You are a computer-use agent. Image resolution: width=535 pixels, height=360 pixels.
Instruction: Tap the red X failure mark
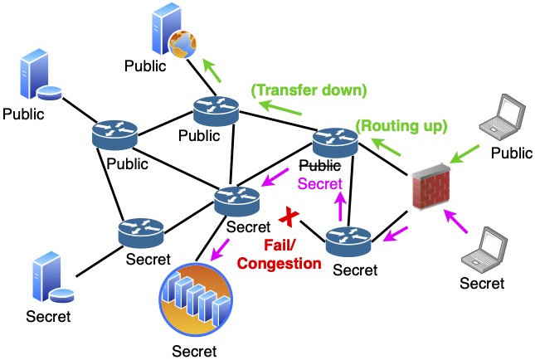coord(289,218)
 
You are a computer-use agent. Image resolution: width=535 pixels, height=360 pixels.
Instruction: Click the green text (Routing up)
coord(401,127)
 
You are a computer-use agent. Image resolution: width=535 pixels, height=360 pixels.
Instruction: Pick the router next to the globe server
coord(216,110)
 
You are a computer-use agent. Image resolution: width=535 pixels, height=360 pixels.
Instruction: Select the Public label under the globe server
coord(147,63)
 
